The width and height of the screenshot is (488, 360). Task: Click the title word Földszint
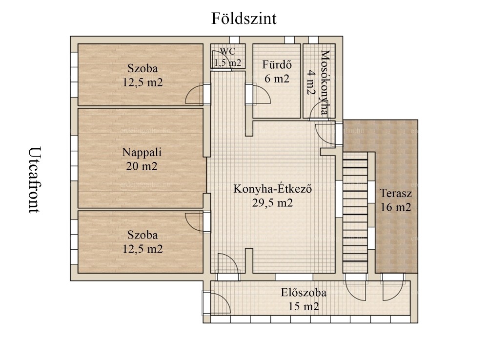(x=244, y=19)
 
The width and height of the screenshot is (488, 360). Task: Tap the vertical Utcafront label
(x=35, y=180)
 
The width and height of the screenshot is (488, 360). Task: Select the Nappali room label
(x=142, y=152)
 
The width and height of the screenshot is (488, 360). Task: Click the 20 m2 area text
(x=142, y=166)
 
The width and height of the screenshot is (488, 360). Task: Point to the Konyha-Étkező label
(x=273, y=189)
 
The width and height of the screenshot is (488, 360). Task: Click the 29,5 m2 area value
(x=273, y=203)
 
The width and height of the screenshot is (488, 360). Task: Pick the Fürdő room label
(x=277, y=64)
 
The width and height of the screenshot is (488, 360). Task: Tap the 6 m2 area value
(x=277, y=79)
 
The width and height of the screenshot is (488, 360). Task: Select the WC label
(x=227, y=51)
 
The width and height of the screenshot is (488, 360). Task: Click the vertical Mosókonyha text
(x=325, y=83)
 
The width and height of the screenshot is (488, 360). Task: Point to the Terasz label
(x=396, y=193)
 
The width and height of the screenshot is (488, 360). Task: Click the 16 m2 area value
(x=396, y=207)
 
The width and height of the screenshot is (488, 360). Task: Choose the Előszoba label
(x=304, y=293)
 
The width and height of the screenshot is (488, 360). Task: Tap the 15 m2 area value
(x=304, y=307)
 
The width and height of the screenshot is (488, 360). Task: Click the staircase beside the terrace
(x=355, y=213)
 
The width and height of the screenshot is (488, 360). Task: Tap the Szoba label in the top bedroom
(x=142, y=68)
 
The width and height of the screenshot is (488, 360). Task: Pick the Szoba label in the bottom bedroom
(x=142, y=235)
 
